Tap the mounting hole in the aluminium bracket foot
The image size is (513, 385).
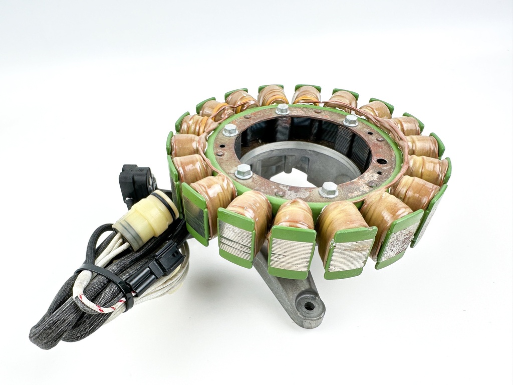click(309, 305)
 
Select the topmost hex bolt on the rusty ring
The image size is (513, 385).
click(283, 108)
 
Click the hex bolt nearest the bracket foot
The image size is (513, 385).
click(329, 189)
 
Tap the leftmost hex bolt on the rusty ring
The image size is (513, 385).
click(230, 130)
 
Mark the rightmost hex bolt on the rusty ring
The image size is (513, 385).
click(351, 120)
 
